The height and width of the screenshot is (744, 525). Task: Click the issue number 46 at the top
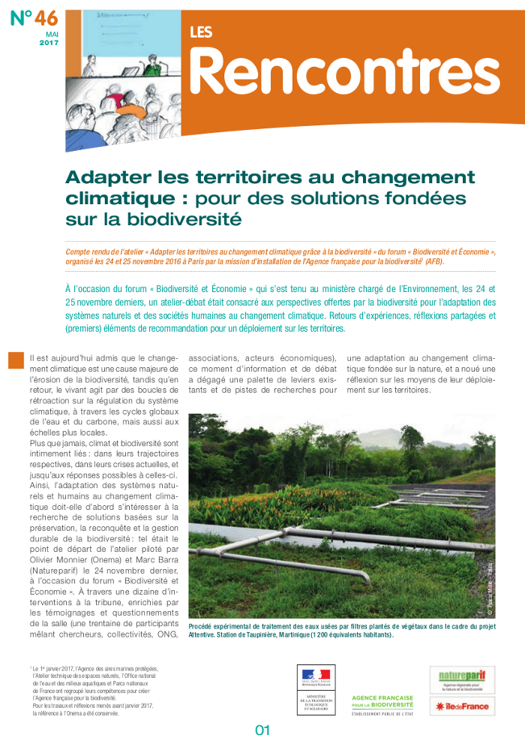[x=46, y=18]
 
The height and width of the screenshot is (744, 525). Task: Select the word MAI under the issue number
[x=52, y=35]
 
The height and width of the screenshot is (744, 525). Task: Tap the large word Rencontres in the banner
[x=345, y=71]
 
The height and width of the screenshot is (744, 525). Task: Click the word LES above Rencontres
[x=200, y=32]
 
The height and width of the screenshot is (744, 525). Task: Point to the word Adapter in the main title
[x=106, y=178]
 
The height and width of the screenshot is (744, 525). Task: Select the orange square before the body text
[x=16, y=360]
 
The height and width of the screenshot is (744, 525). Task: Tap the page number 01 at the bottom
[x=262, y=729]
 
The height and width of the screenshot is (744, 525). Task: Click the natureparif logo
[x=461, y=679]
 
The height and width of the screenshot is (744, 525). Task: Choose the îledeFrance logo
[x=461, y=706]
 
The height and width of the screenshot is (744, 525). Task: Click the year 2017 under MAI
[x=49, y=44]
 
